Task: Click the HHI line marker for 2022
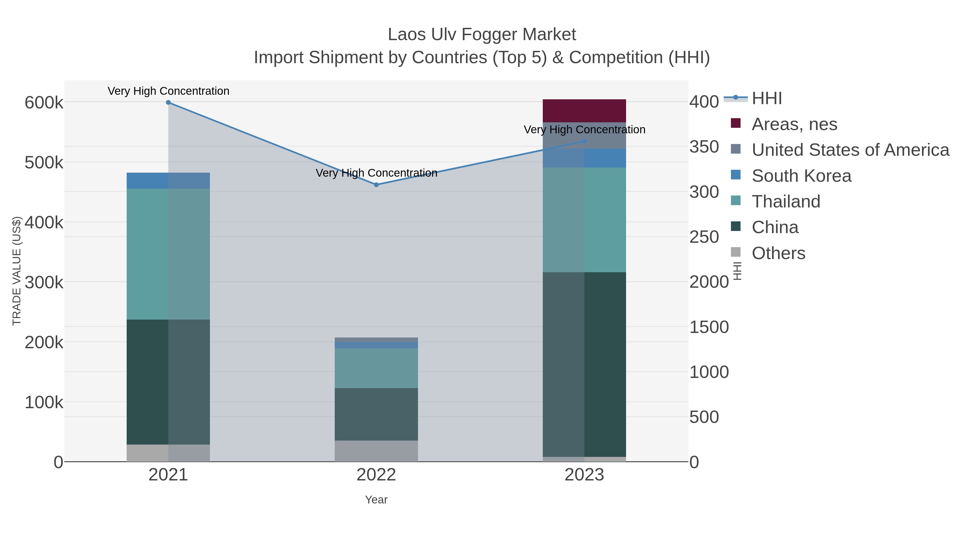[x=376, y=185]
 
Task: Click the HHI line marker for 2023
[x=584, y=141]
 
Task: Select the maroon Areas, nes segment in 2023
[x=584, y=111]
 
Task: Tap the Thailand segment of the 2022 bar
[x=376, y=368]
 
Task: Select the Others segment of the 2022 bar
[x=376, y=451]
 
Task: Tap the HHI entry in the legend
[x=766, y=98]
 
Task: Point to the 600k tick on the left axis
[x=44, y=103]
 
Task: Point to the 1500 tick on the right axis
[x=709, y=327]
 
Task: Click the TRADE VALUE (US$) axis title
[x=17, y=271]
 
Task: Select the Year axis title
[x=376, y=500]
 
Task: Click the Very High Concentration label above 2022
[x=376, y=173]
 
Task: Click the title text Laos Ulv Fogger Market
[x=482, y=35]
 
